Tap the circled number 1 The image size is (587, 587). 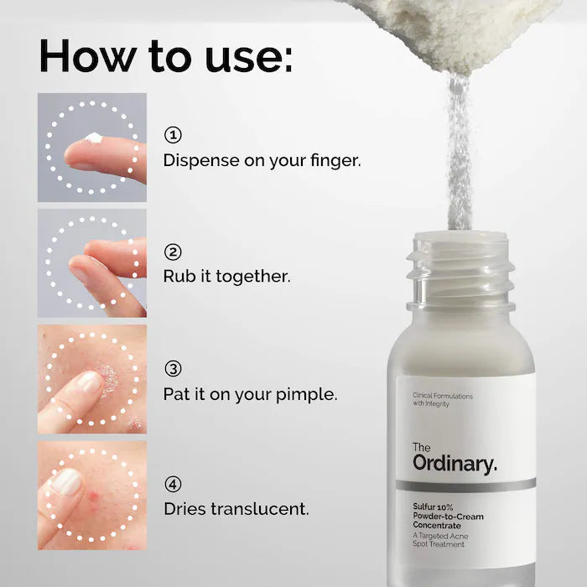(173, 135)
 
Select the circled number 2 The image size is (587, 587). (173, 252)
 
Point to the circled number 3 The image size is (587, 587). (173, 368)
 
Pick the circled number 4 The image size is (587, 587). (173, 484)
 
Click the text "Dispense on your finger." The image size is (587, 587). (262, 159)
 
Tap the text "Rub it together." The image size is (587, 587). (226, 276)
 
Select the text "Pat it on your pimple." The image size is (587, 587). (250, 392)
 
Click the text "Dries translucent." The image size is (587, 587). (236, 508)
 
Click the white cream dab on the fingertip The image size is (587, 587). (94, 138)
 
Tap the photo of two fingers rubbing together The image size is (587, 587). (92, 262)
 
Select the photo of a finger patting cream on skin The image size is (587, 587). (92, 379)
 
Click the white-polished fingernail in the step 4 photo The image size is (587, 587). (67, 481)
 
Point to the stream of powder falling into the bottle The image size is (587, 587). (460, 151)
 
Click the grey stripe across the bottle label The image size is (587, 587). (465, 486)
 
